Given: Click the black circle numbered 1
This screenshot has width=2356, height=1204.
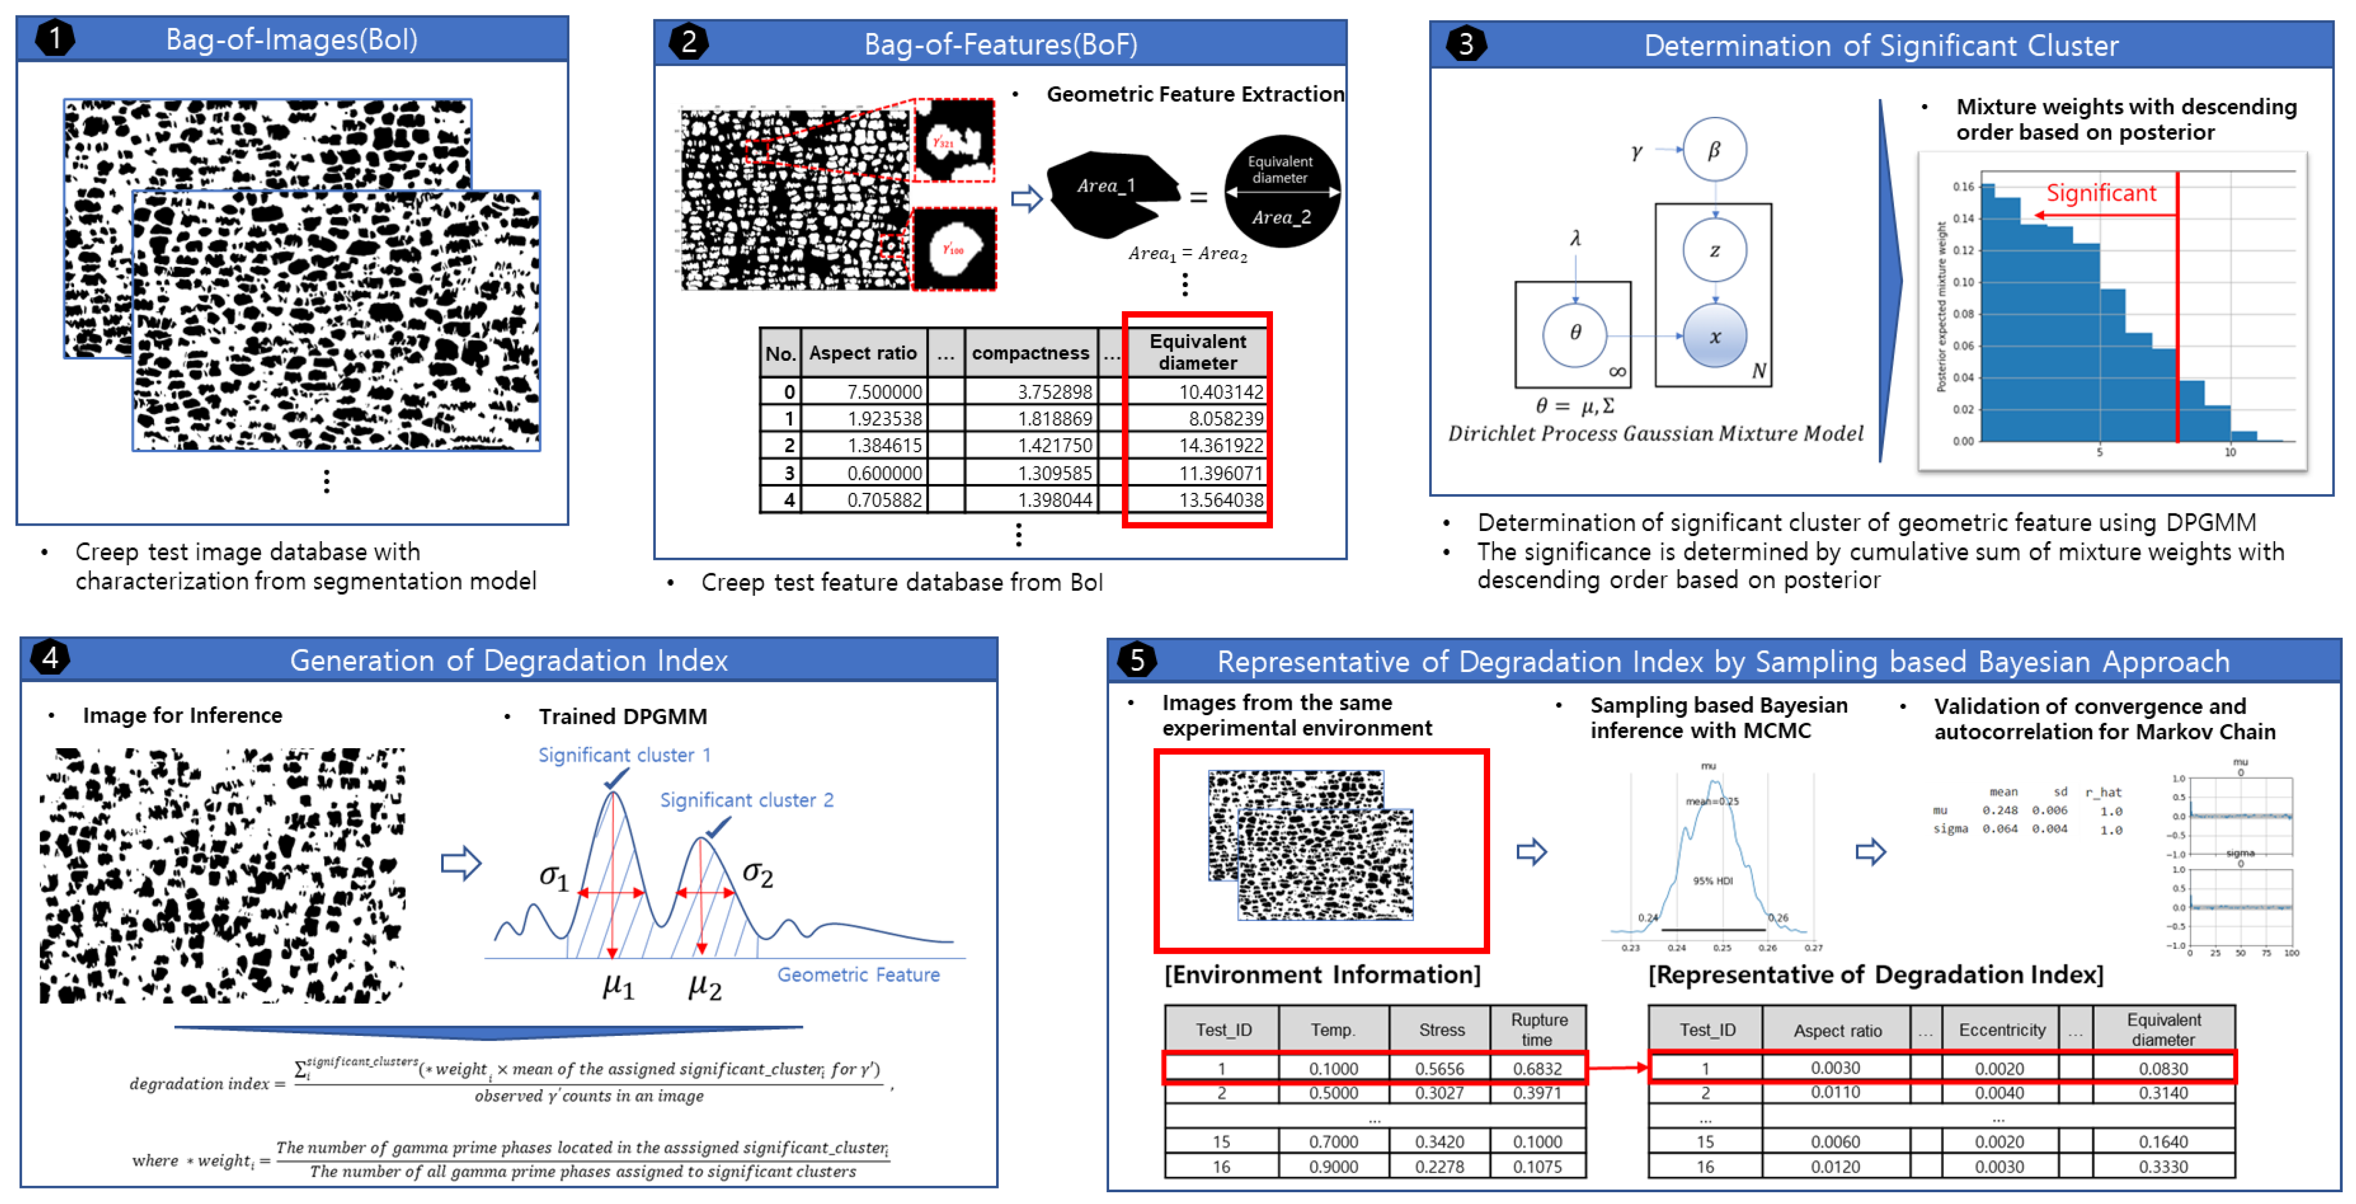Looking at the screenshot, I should [x=55, y=38].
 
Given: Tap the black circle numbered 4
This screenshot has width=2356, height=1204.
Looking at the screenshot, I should [x=50, y=658].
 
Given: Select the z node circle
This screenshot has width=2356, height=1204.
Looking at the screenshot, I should [x=1714, y=250].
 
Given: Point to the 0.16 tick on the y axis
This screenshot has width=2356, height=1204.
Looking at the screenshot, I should [x=1963, y=187].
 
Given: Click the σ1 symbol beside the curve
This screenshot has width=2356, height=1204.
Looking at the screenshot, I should [x=553, y=876].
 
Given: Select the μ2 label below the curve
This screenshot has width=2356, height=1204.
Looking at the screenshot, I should [x=704, y=986].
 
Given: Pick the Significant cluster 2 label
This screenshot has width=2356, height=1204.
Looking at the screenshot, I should [x=746, y=799].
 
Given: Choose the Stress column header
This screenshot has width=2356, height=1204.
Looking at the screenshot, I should [x=1442, y=1029].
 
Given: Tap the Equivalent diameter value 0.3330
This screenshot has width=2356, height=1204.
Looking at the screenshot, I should [x=2162, y=1167].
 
